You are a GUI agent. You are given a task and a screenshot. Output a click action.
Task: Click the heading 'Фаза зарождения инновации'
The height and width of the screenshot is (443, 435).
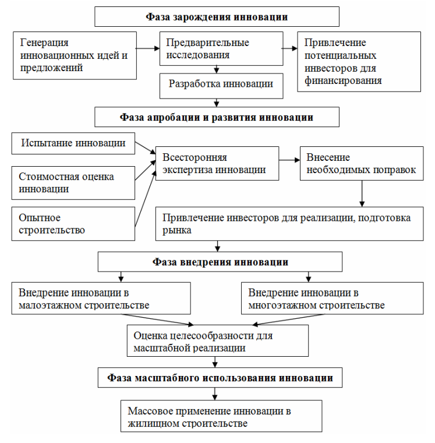pyautogui.click(x=217, y=17)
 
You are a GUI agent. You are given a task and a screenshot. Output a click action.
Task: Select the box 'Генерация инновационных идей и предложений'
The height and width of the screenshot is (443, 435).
pyautogui.click(x=75, y=55)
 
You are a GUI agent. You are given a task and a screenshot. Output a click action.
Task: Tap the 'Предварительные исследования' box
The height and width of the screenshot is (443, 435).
pyautogui.click(x=221, y=48)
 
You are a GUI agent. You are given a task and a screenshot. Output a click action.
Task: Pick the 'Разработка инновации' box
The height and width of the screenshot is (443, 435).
pyautogui.click(x=221, y=86)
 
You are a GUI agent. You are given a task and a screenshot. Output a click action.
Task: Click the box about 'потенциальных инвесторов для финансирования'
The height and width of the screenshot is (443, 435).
pyautogui.click(x=359, y=62)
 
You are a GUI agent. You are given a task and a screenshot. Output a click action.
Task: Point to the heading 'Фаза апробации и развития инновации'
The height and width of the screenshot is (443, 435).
pyautogui.click(x=217, y=117)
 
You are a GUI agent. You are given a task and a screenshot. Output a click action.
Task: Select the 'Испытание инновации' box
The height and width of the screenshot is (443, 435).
pyautogui.click(x=73, y=143)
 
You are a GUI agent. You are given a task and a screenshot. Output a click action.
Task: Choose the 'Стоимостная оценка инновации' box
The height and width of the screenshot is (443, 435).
pyautogui.click(x=73, y=183)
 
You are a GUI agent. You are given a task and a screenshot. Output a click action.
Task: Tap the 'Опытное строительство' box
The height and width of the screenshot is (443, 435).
pyautogui.click(x=73, y=223)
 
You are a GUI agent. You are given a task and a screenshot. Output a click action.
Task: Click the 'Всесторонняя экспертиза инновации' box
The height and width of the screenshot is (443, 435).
pyautogui.click(x=217, y=163)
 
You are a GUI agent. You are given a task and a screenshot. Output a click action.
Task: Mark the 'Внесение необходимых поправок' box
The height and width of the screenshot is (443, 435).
pyautogui.click(x=362, y=163)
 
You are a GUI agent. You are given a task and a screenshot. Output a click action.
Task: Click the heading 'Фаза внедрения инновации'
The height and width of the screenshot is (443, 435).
pyautogui.click(x=220, y=262)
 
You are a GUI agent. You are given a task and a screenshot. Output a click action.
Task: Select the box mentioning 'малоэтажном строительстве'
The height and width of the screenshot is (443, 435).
pyautogui.click(x=101, y=298)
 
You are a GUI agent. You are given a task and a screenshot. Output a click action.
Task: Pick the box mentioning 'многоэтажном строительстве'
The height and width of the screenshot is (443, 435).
pyautogui.click(x=333, y=298)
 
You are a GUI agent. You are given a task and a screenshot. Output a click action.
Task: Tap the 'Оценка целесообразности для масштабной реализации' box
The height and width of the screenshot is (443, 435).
pyautogui.click(x=218, y=340)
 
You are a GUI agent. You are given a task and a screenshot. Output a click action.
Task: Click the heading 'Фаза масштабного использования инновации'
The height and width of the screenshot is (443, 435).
pyautogui.click(x=220, y=378)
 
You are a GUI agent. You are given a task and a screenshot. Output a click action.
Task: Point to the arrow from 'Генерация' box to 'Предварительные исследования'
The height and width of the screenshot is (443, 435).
pyautogui.click(x=148, y=48)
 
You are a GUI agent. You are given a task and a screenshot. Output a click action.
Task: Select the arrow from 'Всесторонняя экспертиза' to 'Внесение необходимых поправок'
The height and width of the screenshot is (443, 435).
pyautogui.click(x=289, y=160)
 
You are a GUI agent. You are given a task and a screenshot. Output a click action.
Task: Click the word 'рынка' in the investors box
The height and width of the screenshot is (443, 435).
pyautogui.click(x=176, y=231)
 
